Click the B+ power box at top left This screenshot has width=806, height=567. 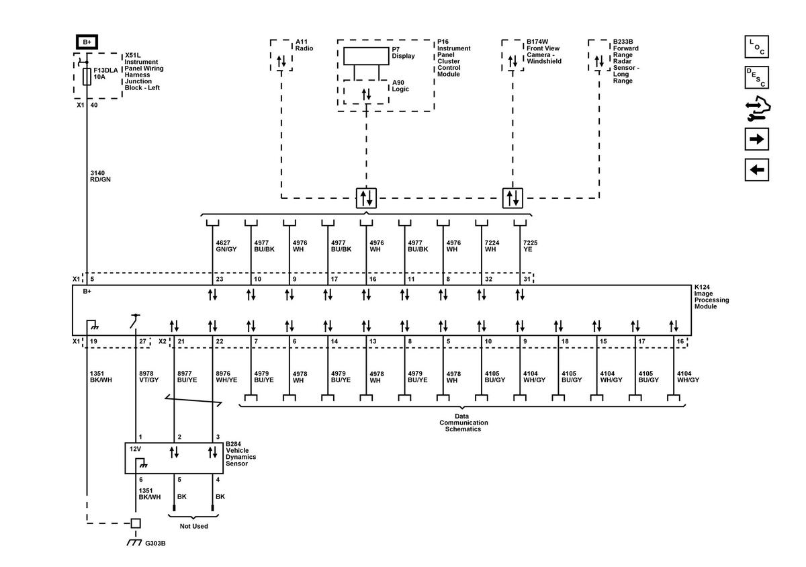pos(87,42)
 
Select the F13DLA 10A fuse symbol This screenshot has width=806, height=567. pos(87,77)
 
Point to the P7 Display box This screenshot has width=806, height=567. pos(366,56)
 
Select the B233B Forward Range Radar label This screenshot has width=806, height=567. pos(626,61)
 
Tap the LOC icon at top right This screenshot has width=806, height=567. pos(757,47)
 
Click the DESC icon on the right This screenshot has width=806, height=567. pos(757,77)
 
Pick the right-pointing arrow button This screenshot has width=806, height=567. pos(757,139)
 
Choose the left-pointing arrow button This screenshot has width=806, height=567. pos(757,169)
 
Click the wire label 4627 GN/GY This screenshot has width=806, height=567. pos(226,245)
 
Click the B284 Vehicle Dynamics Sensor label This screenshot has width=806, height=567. pos(241,454)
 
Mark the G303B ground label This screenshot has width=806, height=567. pos(155,543)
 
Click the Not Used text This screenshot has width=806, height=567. pos(193,526)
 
